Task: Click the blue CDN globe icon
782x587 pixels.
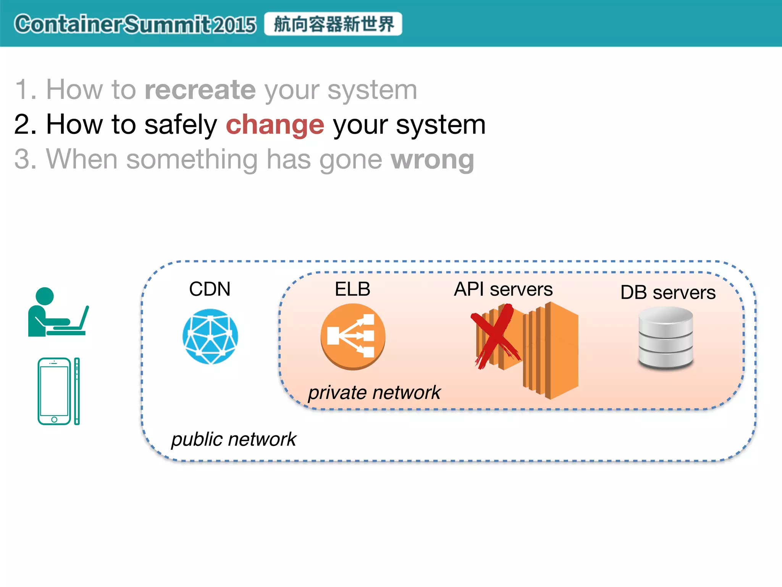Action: click(x=210, y=336)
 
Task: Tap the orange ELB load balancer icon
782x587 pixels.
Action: click(x=353, y=336)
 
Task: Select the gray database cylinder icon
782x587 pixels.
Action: click(x=666, y=338)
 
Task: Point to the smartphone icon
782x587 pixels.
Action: click(x=58, y=391)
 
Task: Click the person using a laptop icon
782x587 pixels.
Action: click(x=57, y=313)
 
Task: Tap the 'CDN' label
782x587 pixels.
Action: click(x=210, y=289)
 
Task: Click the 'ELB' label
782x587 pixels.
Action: click(x=352, y=289)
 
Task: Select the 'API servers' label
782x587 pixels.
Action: click(x=503, y=289)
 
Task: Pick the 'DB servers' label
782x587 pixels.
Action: click(x=668, y=293)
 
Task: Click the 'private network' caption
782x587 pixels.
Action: click(x=374, y=393)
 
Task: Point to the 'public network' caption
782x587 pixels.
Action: click(x=234, y=439)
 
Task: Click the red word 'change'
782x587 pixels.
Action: click(x=275, y=125)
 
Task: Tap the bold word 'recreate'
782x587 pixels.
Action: click(x=200, y=90)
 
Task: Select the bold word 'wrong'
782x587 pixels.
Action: click(x=432, y=159)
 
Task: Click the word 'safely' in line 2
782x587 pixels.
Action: click(x=181, y=125)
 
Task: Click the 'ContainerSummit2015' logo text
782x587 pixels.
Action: click(x=135, y=24)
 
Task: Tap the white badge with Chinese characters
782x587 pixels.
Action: click(x=333, y=24)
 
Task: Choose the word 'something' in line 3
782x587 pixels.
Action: click(x=192, y=159)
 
